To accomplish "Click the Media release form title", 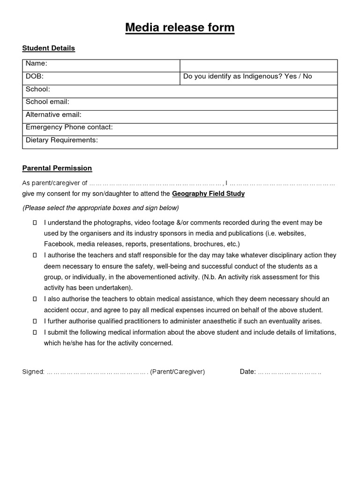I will pyautogui.click(x=180, y=28).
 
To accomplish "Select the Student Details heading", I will pyautogui.click(x=49, y=48).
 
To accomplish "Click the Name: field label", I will pyautogui.click(x=37, y=64).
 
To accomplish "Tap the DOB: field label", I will pyautogui.click(x=35, y=76).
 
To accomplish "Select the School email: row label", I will pyautogui.click(x=47, y=102).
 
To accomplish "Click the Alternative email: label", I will pyautogui.click(x=53, y=114).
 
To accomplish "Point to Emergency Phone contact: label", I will pyautogui.click(x=69, y=127).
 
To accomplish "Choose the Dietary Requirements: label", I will pyautogui.click(x=61, y=140).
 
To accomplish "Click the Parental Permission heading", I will pyautogui.click(x=57, y=168).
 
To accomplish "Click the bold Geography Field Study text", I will pyautogui.click(x=208, y=194).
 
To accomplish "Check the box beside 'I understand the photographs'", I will pyautogui.click(x=35, y=223).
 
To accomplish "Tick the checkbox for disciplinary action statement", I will pyautogui.click(x=35, y=256).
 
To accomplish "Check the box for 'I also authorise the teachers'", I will pyautogui.click(x=35, y=299).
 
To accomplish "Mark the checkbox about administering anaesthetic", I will pyautogui.click(x=35, y=321).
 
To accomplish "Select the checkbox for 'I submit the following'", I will pyautogui.click(x=35, y=332).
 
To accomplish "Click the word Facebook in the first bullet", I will pyautogui.click(x=59, y=244).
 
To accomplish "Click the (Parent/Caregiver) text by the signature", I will pyautogui.click(x=177, y=372).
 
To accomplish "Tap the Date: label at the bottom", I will pyautogui.click(x=247, y=372).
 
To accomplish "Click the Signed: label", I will pyautogui.click(x=33, y=372).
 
